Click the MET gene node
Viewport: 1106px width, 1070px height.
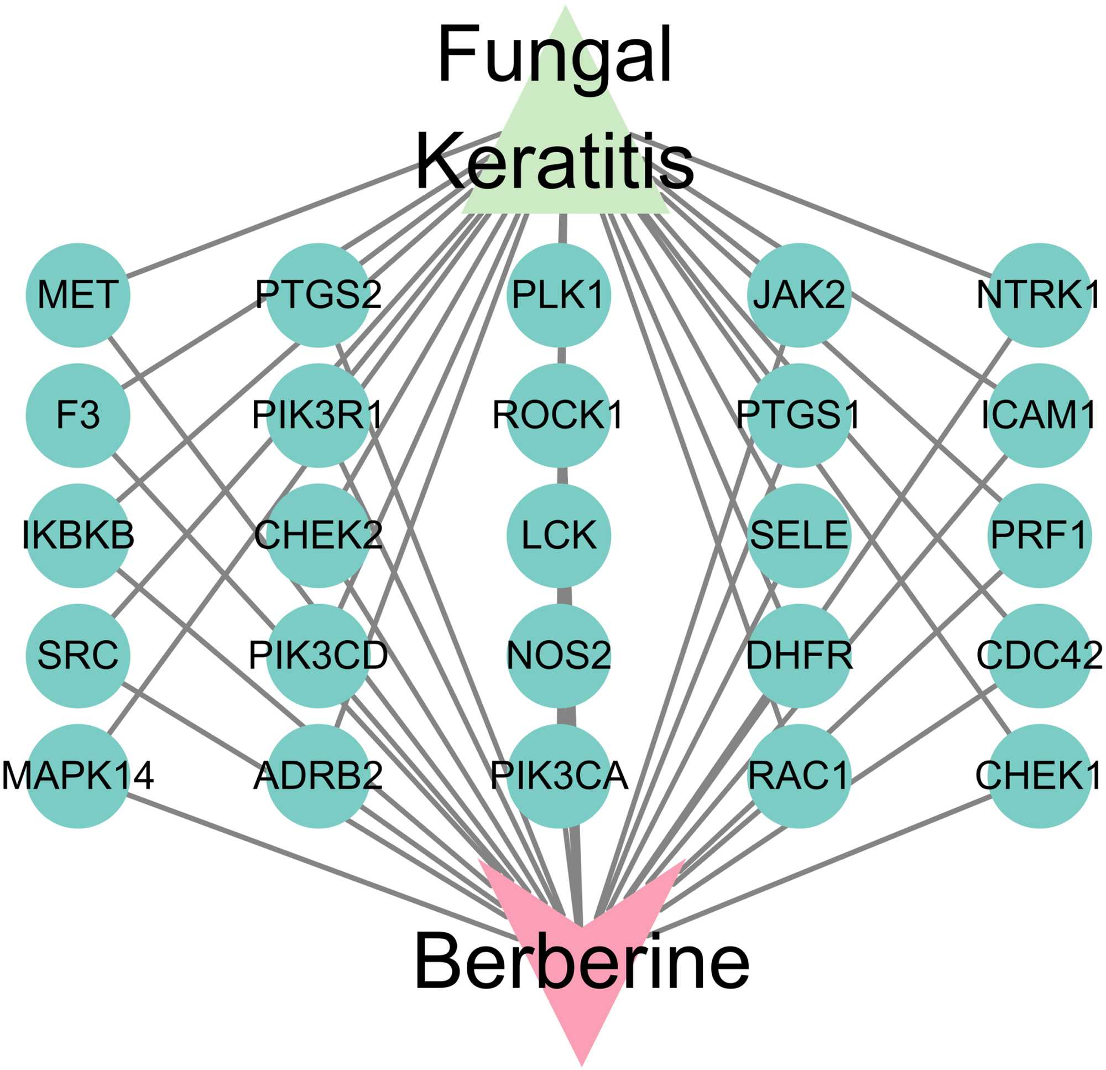click(x=78, y=295)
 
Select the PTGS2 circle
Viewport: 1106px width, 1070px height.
click(x=319, y=295)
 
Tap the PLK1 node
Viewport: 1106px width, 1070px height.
click(x=559, y=295)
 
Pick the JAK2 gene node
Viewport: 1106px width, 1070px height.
click(x=799, y=295)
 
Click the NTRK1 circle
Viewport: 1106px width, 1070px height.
click(x=1040, y=295)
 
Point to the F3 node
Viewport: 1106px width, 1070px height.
click(x=78, y=415)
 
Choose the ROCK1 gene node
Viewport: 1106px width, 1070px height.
click(x=559, y=415)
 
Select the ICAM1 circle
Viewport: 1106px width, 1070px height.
click(x=1040, y=415)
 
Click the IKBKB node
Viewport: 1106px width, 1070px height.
click(x=78, y=536)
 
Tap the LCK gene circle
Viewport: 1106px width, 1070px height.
click(x=559, y=536)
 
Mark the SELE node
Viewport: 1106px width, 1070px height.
click(x=799, y=536)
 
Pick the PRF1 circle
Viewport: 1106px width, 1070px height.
click(x=1040, y=536)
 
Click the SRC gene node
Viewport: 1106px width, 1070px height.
click(x=78, y=656)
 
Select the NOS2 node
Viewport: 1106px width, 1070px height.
click(x=559, y=656)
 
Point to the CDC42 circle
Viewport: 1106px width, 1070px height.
click(x=1040, y=656)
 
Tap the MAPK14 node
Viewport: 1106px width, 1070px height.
click(x=78, y=776)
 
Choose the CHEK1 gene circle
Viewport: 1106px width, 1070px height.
click(x=1040, y=776)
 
